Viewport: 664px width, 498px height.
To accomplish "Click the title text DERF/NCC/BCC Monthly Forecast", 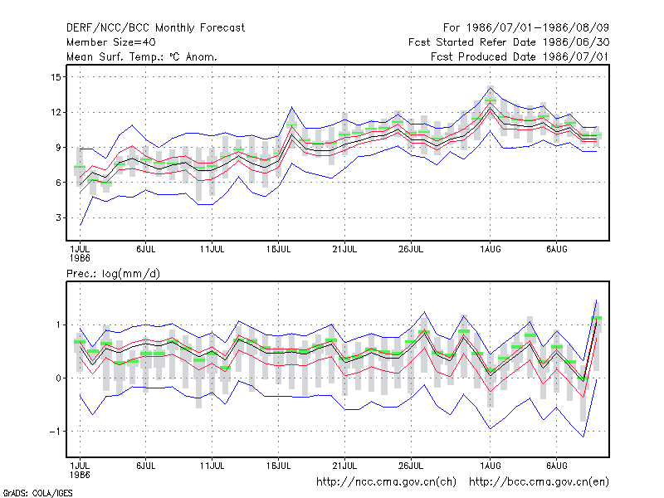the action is [155, 28].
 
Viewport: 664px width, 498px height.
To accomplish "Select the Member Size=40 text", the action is [111, 42].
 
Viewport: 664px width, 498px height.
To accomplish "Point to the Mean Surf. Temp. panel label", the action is [142, 56].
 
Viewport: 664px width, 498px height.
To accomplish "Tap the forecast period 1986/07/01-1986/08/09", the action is [526, 28].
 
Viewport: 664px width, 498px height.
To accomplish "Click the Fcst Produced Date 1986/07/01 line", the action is [520, 56].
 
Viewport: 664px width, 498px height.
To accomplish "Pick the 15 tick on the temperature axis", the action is [56, 77].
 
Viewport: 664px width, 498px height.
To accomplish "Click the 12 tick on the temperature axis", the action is [56, 112].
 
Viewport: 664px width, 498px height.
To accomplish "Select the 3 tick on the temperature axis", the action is [58, 217].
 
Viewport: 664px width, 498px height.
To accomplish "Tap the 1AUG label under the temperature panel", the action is [491, 249].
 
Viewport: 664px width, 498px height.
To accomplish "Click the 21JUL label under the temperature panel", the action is [344, 249].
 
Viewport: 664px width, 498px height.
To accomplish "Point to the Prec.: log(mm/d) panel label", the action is [113, 274].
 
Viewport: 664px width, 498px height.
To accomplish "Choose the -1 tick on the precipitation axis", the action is [55, 431].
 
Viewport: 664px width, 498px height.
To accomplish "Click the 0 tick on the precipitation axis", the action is [58, 378].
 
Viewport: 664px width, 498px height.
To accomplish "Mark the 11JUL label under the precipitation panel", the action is [212, 466].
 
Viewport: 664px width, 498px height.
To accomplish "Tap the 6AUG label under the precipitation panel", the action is [556, 466].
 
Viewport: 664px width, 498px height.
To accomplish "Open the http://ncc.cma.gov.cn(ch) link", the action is [386, 482].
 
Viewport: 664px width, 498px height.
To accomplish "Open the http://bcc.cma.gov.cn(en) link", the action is [539, 482].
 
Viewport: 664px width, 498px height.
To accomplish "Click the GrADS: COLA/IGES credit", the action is [37, 493].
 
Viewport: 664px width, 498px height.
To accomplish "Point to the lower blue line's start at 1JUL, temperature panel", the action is [81, 225].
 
